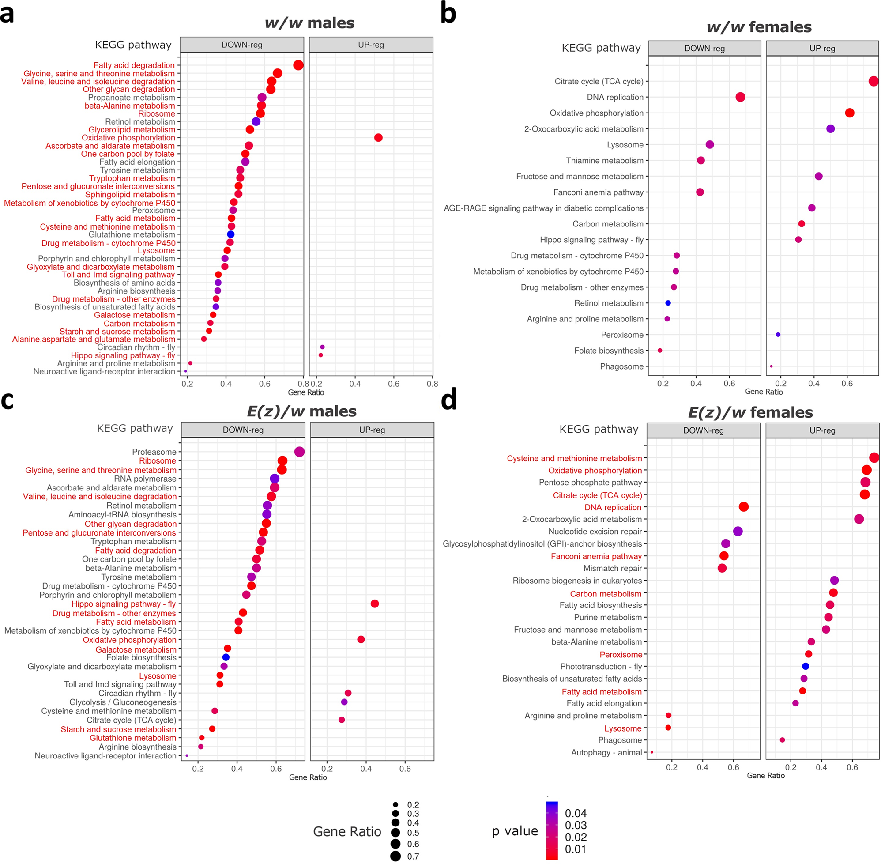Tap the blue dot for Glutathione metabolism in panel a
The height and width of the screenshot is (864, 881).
coord(230,234)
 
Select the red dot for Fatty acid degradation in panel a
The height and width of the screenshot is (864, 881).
coord(298,65)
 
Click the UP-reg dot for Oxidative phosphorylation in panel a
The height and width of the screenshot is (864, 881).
coord(378,137)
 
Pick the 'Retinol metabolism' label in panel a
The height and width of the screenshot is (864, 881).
coord(140,121)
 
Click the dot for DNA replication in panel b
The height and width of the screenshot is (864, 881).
coord(740,97)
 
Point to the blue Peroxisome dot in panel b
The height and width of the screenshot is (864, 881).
coord(778,335)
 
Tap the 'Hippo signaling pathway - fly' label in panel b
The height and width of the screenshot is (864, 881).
coord(591,240)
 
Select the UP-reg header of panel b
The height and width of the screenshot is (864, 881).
coord(822,49)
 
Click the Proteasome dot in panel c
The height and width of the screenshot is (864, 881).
coord(299,452)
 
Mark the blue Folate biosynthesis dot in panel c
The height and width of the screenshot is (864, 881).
coord(226,657)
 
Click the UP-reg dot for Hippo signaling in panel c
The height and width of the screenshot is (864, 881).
coord(375,604)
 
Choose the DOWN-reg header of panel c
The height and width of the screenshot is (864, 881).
coord(243,430)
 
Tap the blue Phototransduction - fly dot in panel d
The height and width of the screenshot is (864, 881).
coord(806,667)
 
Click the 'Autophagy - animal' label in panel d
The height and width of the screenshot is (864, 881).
coord(606,752)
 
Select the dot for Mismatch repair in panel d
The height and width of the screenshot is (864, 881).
coord(722,568)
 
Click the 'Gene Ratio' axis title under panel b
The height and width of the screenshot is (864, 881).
coord(764,392)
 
